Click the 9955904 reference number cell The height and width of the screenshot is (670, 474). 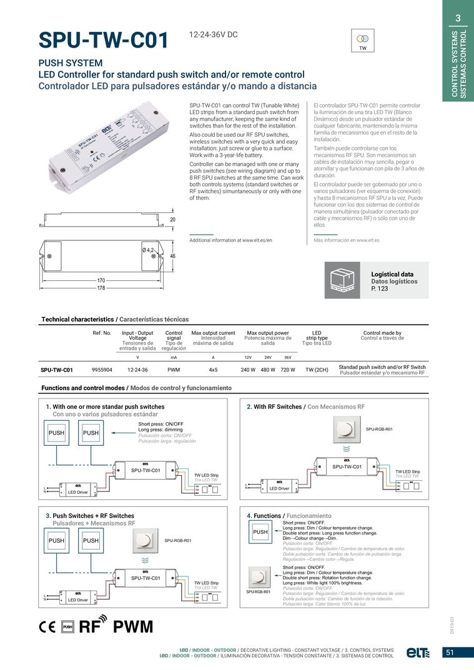click(102, 370)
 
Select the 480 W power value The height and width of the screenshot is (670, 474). click(267, 370)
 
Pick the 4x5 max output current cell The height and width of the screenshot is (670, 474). click(213, 370)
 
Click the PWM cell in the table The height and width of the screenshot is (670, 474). click(174, 370)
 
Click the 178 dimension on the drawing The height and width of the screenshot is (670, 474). click(101, 288)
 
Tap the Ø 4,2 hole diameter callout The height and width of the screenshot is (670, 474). click(148, 250)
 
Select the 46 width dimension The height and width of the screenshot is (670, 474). click(173, 257)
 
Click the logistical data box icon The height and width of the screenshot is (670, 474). click(342, 280)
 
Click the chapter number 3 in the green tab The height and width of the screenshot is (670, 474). click(458, 17)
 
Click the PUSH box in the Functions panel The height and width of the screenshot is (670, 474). click(260, 532)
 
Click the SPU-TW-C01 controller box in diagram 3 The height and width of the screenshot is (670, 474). click(146, 578)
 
